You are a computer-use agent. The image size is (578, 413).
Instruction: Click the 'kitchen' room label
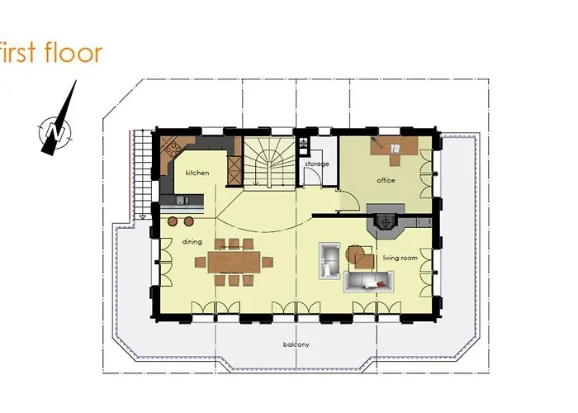click(197, 173)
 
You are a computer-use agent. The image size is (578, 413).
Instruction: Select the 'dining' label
click(192, 242)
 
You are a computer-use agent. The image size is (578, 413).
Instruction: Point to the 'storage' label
click(317, 164)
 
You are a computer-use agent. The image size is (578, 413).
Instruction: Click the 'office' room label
click(386, 179)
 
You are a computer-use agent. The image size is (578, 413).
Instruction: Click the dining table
click(233, 262)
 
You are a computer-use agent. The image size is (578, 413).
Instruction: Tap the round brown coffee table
click(354, 252)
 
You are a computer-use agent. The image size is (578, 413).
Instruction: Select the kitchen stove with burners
click(173, 149)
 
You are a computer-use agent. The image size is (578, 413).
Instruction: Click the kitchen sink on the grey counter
click(183, 199)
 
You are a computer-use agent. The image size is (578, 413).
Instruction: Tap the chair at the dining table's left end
click(200, 262)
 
